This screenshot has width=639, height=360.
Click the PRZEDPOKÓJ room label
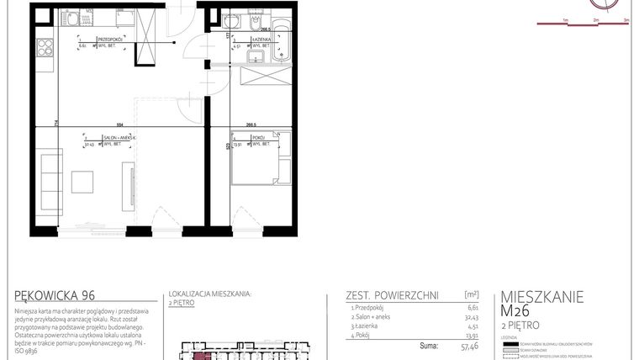[111, 40]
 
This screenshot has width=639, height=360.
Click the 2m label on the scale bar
[595, 19]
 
